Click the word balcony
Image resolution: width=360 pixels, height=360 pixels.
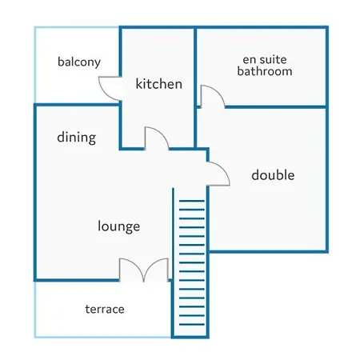coord(79,62)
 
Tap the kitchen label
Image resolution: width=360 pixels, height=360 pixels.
coord(159,84)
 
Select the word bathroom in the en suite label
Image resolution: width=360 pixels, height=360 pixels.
coord(265,71)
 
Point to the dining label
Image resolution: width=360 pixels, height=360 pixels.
coord(77,138)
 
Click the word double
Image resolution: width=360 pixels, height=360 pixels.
coord(273,175)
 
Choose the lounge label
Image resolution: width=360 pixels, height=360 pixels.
coord(119,226)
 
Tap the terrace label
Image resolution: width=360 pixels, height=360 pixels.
coord(105,310)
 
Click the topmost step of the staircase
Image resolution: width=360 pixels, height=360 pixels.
coord(192,201)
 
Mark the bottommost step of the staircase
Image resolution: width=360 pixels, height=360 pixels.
coord(192,325)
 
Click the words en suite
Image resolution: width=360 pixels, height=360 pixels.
coord(265,60)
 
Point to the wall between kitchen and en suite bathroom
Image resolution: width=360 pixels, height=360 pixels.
coord(195,88)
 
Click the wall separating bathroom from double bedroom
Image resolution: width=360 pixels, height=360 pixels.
coord(276,107)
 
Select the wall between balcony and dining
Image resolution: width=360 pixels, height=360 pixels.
coord(78,105)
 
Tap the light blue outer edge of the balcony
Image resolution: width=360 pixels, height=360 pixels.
coord(35,65)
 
